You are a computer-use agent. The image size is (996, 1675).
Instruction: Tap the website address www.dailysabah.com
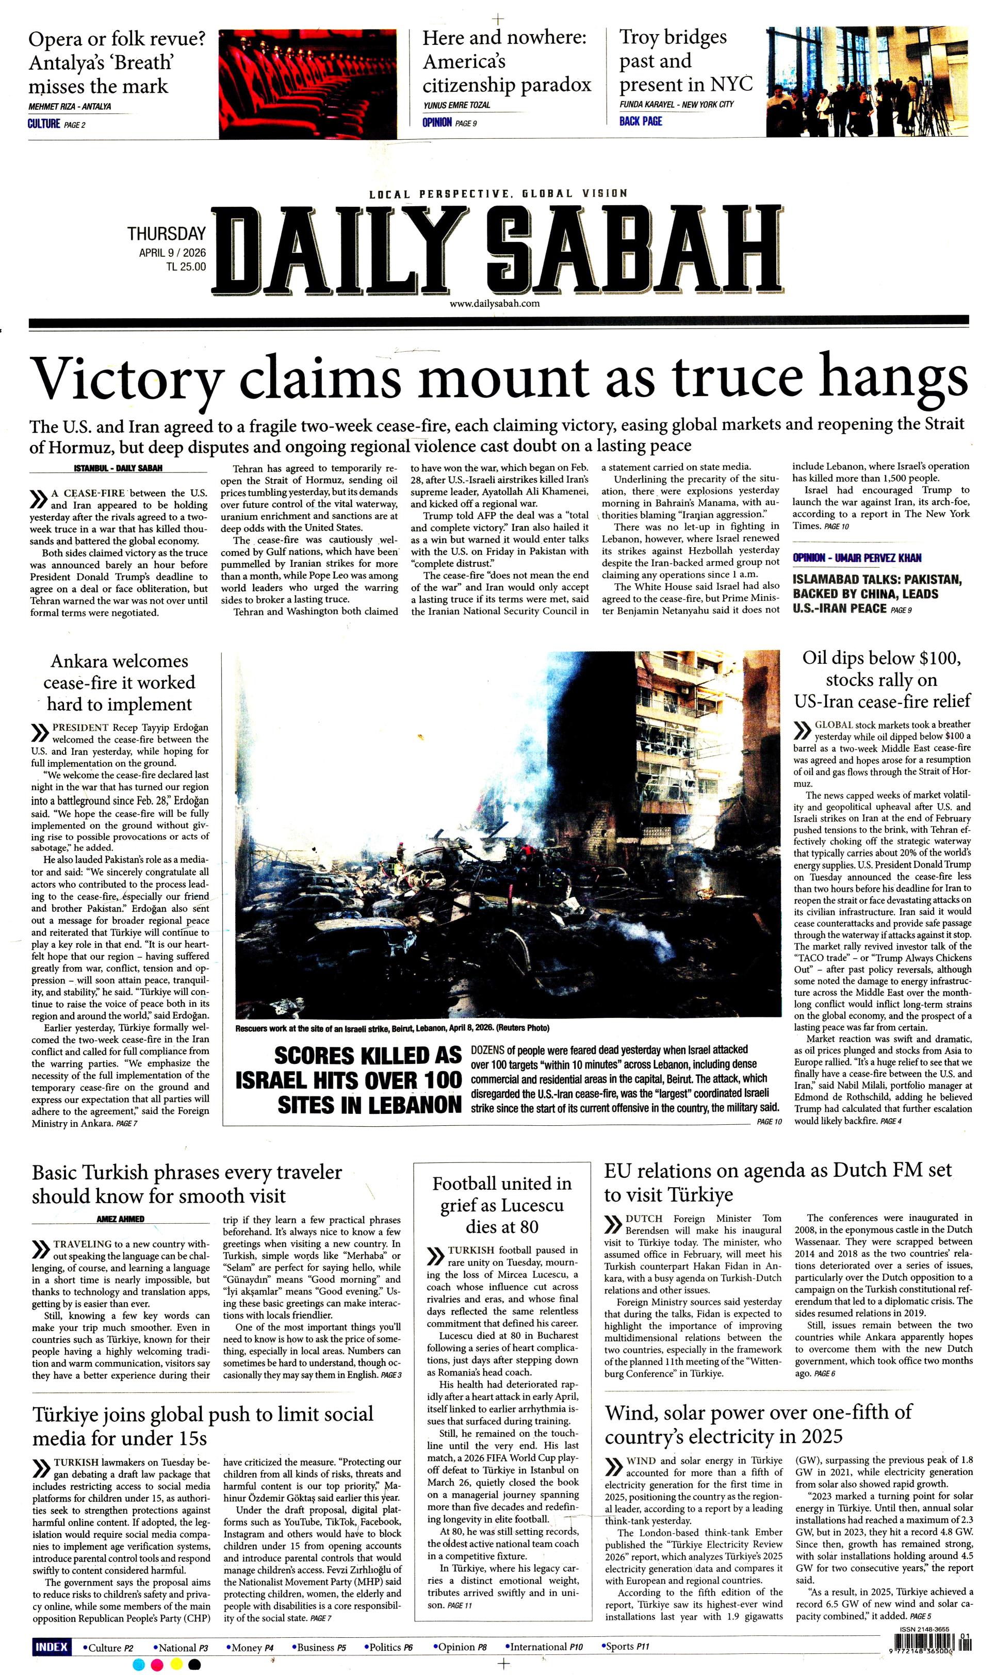(x=495, y=303)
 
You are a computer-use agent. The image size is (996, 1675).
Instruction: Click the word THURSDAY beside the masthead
(x=167, y=234)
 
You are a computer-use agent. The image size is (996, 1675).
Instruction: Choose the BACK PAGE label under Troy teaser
(x=640, y=122)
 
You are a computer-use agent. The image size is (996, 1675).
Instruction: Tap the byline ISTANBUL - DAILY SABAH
(x=118, y=468)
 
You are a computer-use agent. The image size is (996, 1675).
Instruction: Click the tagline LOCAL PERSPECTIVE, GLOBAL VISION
(x=498, y=194)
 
